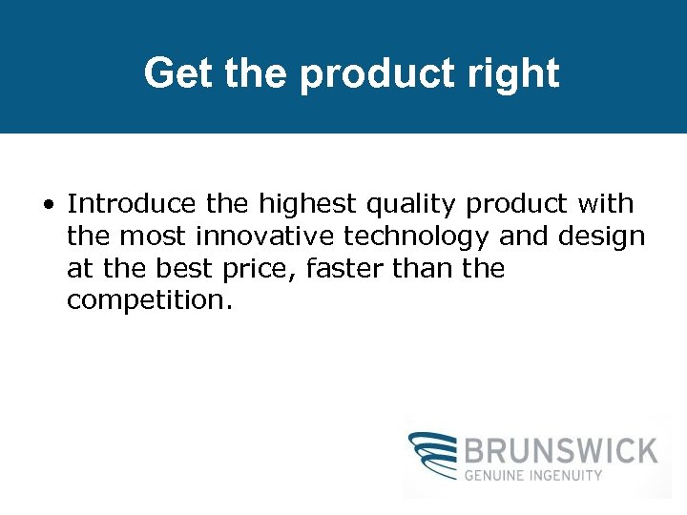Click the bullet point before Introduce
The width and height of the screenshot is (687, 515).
[x=47, y=204]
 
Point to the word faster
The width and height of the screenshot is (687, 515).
[x=345, y=269]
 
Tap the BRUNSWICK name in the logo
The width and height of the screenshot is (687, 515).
[x=561, y=450]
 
